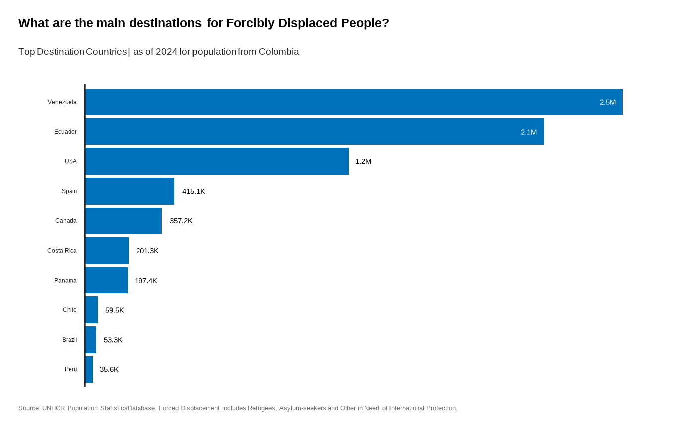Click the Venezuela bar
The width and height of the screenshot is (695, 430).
353,102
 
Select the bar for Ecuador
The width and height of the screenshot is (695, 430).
314,132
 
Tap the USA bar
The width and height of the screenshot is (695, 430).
217,161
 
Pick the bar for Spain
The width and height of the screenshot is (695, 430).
130,191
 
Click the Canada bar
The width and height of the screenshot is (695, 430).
124,221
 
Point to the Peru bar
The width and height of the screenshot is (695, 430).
89,369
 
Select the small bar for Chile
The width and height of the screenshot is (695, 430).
92,310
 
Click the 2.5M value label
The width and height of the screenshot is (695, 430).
607,102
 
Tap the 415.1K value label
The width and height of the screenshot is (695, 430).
193,191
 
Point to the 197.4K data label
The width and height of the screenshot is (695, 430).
145,281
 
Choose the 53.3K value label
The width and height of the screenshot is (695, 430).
113,340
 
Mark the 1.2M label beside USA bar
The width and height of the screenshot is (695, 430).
363,161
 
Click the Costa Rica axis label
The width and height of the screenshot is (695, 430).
62,251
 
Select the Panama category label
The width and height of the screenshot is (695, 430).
66,281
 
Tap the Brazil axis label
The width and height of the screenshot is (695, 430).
69,340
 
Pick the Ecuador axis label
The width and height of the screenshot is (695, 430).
66,132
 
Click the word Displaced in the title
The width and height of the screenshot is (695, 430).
308,23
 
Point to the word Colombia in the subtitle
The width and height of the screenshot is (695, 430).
278,52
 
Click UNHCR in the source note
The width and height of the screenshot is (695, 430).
54,408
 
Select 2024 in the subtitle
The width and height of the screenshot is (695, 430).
166,52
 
